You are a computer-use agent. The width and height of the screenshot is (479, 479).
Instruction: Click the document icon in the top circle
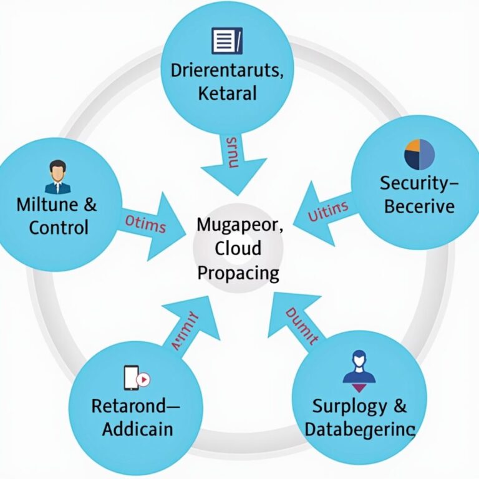point(226,41)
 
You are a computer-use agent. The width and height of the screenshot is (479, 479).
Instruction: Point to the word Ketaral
point(227,94)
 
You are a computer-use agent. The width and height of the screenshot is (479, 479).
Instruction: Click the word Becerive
point(419,206)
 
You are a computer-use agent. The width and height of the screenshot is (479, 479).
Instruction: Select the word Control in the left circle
point(59,227)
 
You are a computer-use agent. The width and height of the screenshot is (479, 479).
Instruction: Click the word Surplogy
point(351,406)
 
